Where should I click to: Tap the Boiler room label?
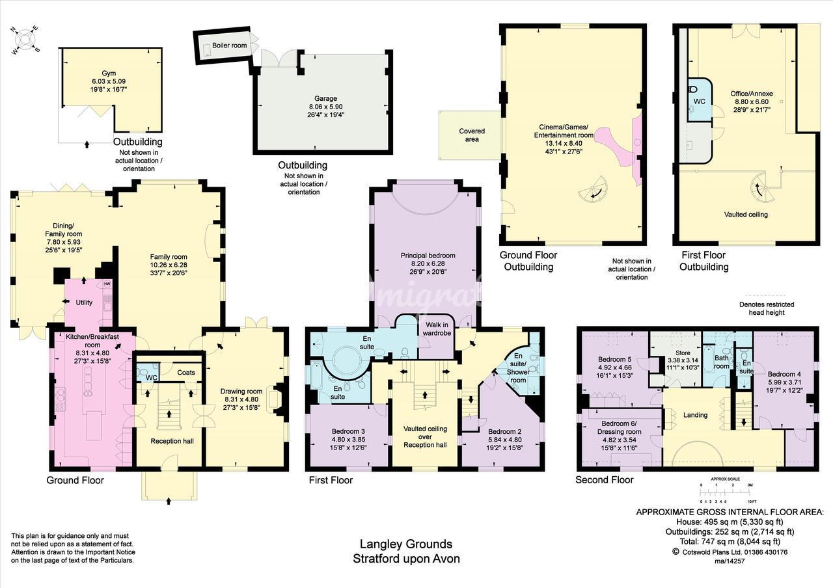[230, 46]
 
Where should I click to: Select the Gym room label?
[109, 73]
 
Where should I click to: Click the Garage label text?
[326, 98]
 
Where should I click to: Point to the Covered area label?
[472, 135]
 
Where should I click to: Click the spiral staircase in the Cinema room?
[593, 190]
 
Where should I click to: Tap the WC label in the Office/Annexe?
[699, 101]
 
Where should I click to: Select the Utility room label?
[84, 302]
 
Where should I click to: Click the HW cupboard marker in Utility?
[107, 284]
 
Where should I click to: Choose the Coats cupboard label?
[186, 373]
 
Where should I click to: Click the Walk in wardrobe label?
[437, 329]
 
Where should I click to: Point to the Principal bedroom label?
[428, 256]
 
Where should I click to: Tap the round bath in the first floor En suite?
[346, 360]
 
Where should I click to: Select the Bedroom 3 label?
[348, 431]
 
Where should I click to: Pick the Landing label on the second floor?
[696, 415]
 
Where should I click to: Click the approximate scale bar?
[725, 492]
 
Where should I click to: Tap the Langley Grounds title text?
[406, 544]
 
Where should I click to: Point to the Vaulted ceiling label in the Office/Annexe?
[746, 215]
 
